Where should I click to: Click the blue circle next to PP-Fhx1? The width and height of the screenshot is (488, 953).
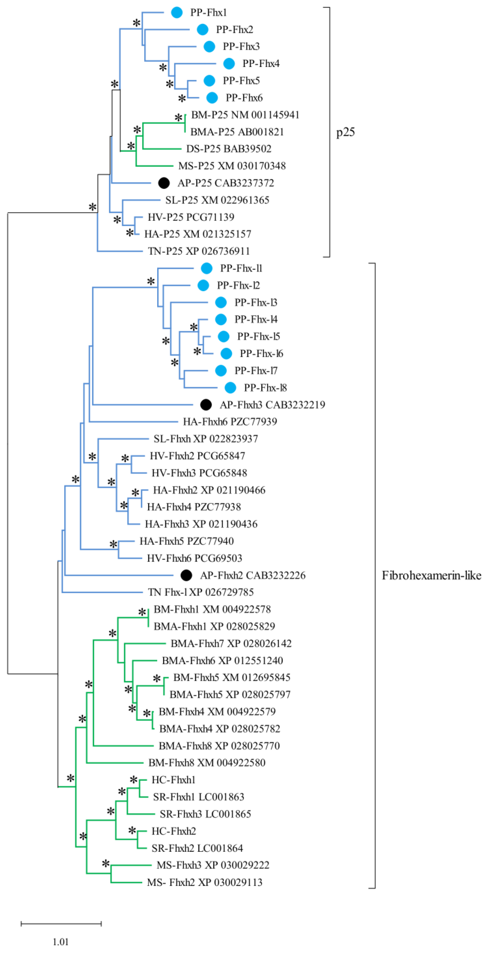tap(177, 13)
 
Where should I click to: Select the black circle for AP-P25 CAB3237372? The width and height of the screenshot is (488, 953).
tap(164, 183)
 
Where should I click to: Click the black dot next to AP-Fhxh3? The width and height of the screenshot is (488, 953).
tap(206, 405)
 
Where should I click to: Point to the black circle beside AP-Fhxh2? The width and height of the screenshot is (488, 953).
tap(186, 575)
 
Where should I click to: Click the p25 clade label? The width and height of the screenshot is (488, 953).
tap(345, 132)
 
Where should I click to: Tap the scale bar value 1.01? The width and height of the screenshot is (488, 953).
tap(61, 941)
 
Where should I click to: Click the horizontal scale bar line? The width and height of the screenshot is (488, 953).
tap(61, 924)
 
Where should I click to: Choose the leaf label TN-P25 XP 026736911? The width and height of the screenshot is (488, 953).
tap(199, 251)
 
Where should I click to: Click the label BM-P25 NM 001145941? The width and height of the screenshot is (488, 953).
tap(245, 115)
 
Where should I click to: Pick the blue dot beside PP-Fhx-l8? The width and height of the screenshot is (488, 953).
tap(230, 388)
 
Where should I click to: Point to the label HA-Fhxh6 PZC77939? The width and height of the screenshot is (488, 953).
tap(230, 422)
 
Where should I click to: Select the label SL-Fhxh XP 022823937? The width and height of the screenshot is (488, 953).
tap(205, 439)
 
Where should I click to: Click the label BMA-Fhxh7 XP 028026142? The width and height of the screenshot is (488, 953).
tap(231, 644)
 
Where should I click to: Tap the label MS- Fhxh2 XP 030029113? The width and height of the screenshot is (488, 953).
tap(204, 883)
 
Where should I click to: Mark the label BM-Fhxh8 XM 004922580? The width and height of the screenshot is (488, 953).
tap(207, 763)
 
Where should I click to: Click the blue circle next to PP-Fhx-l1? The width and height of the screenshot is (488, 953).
tap(207, 268)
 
